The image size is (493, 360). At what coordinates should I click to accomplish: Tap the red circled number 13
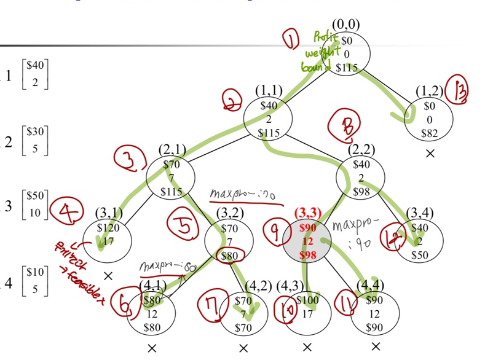coord(457,90)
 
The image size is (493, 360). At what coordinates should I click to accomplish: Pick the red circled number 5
coord(184,226)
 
